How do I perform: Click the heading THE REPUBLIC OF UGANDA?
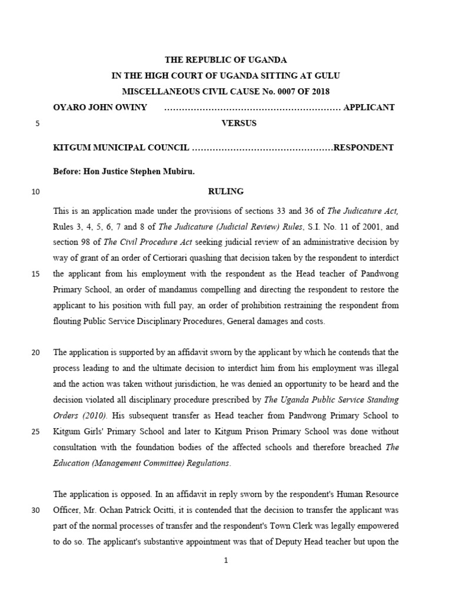click(225, 60)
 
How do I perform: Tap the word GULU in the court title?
click(327, 76)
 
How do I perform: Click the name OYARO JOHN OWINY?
click(100, 107)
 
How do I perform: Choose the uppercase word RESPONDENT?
click(364, 147)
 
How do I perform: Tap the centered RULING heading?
click(226, 191)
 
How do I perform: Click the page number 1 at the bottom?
click(225, 561)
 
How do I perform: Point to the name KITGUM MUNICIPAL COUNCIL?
click(121, 147)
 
